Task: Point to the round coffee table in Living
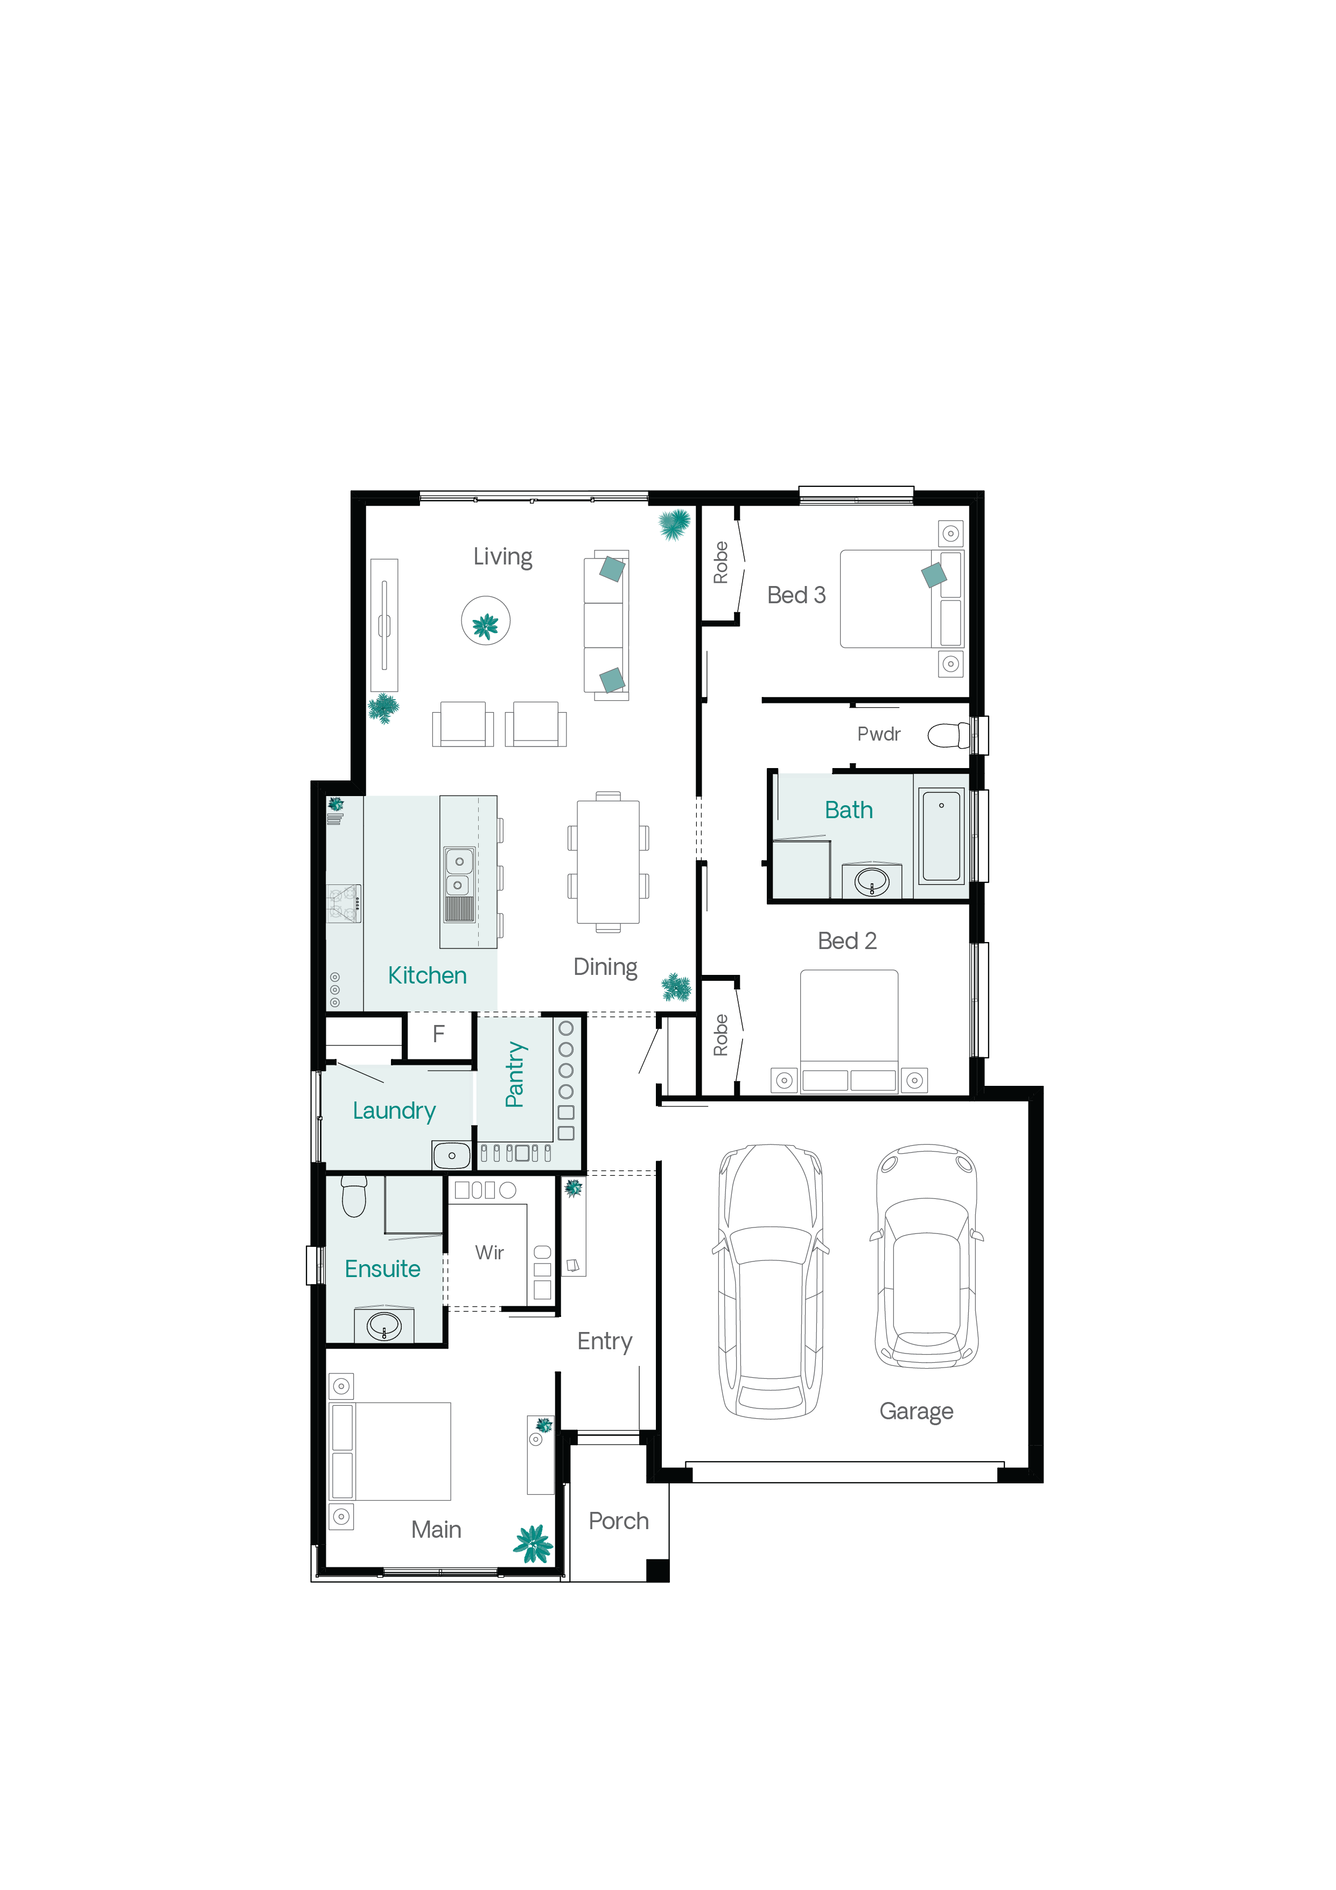(x=486, y=620)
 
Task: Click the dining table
(x=608, y=862)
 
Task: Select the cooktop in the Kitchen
(x=343, y=903)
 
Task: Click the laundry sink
(x=451, y=1155)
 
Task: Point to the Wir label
(x=489, y=1252)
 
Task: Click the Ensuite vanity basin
(x=383, y=1326)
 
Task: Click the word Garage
(x=916, y=1412)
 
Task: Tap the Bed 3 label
(x=796, y=595)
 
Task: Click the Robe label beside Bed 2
(x=721, y=1035)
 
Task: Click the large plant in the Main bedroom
(x=534, y=1544)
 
